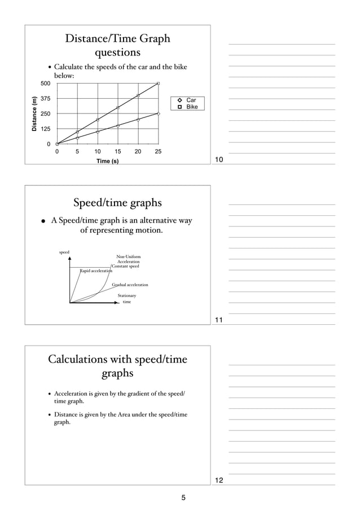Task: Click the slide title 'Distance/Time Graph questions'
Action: (117, 46)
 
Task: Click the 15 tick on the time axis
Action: (118, 152)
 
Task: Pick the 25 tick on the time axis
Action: (159, 152)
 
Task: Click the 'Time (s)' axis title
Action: (107, 162)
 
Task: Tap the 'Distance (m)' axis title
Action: (34, 114)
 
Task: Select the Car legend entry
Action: (187, 100)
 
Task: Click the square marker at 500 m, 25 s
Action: (159, 84)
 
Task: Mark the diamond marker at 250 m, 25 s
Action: (159, 114)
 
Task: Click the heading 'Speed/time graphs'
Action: (117, 203)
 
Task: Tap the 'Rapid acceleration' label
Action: (95, 271)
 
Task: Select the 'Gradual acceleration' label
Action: (130, 285)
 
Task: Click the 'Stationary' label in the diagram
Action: (126, 295)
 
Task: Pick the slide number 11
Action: (219, 321)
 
